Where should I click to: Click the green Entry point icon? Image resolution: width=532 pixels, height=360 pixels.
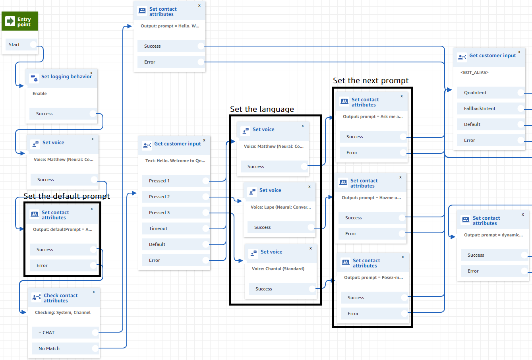tap(10, 21)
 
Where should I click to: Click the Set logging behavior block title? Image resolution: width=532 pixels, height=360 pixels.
tap(66, 77)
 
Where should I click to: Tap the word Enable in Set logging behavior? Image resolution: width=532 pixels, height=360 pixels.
tap(40, 94)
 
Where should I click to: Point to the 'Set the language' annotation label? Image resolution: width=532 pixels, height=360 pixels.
tap(262, 109)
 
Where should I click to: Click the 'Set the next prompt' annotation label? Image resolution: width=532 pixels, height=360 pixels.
tap(371, 81)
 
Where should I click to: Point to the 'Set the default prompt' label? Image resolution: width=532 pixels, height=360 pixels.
tap(66, 196)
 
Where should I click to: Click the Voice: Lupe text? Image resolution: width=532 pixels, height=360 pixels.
tap(281, 207)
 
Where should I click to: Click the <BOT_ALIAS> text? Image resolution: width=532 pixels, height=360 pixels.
tap(474, 73)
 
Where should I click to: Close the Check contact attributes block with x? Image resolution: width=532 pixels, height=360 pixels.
tap(94, 292)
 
